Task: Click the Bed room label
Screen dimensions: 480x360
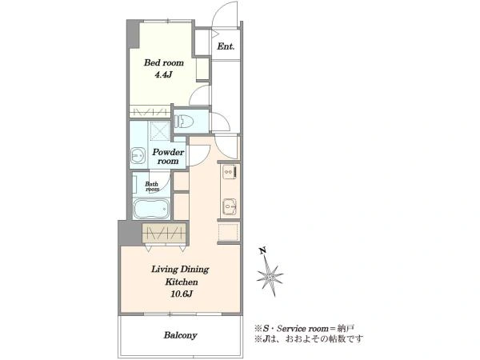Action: tap(164, 62)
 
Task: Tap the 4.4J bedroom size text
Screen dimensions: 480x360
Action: tap(163, 74)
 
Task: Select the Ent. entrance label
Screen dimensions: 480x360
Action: tap(226, 46)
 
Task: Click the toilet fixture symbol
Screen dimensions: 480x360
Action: tap(184, 122)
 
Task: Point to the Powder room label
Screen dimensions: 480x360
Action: tap(168, 157)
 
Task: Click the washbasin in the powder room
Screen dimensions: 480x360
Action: tap(138, 155)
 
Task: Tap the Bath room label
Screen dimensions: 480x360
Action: tap(152, 186)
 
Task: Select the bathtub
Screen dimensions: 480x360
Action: tap(151, 209)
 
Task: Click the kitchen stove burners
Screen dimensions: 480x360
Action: tap(230, 172)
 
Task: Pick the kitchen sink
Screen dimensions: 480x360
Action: tap(230, 206)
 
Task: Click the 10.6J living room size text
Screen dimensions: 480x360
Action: tap(182, 294)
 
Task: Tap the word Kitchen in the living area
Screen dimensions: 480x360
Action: tap(182, 282)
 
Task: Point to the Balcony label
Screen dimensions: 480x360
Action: tap(180, 335)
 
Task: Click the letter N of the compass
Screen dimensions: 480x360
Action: tap(262, 251)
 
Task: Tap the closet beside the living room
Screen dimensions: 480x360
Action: tap(164, 234)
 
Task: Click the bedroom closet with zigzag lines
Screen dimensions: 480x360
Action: tap(150, 111)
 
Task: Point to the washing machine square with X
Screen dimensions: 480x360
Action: tap(159, 131)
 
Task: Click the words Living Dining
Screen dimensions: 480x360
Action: tap(180, 270)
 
